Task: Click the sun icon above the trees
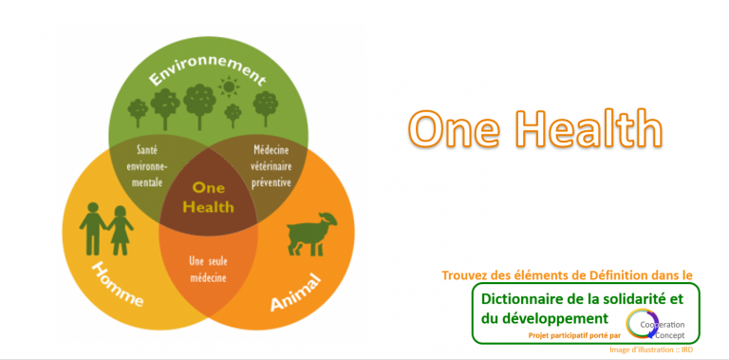tap(228, 88)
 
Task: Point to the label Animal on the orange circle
tap(296, 290)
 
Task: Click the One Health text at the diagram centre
tap(207, 198)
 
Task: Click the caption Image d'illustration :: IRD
tap(651, 350)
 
